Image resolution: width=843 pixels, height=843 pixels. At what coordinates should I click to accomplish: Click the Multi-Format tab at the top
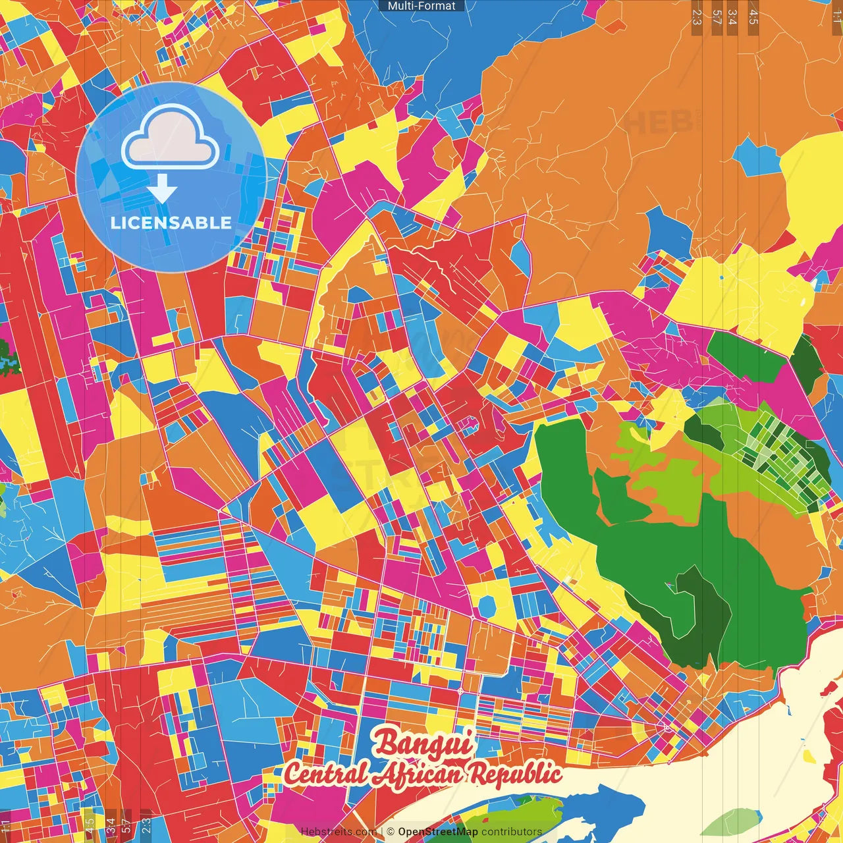tap(421, 6)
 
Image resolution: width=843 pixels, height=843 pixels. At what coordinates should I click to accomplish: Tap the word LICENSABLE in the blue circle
tap(171, 223)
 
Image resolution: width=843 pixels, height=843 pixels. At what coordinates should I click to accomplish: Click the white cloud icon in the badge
tap(170, 137)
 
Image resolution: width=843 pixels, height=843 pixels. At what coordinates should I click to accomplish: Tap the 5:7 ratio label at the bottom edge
tap(126, 825)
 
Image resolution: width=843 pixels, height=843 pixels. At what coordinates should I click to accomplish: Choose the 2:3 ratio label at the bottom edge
tap(146, 825)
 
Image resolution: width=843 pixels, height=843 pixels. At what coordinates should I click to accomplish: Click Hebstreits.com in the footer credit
tap(339, 832)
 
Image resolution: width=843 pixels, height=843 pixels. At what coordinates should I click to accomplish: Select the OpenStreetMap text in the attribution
tap(437, 832)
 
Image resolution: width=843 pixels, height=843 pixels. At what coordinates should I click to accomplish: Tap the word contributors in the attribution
tap(512, 832)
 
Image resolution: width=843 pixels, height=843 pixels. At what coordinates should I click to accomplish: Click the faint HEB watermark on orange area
tap(659, 122)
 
